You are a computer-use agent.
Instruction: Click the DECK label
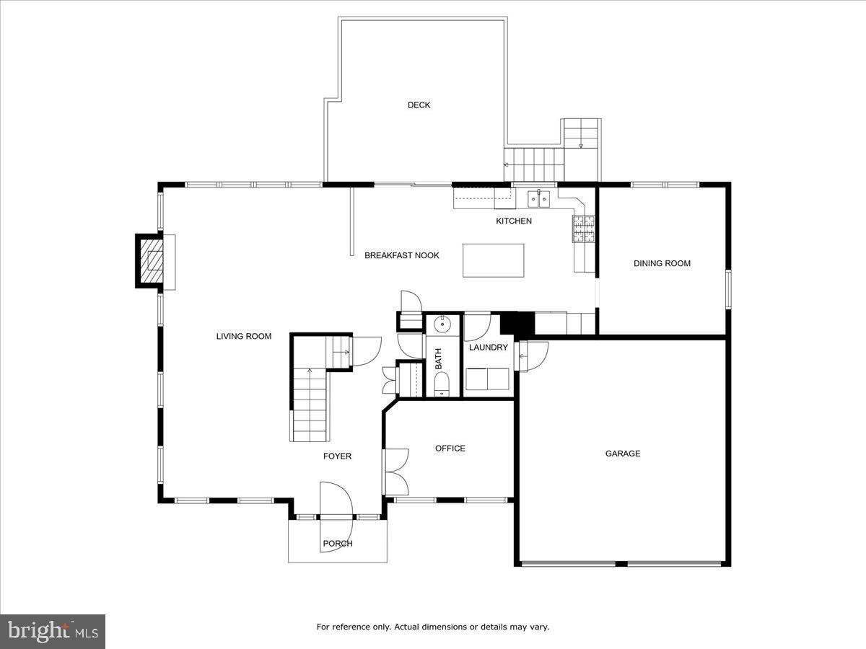[419, 105]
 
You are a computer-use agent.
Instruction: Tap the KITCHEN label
[513, 221]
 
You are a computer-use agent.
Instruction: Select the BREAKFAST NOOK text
[401, 255]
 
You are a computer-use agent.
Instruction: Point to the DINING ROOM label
[662, 263]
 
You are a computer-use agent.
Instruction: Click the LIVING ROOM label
[244, 336]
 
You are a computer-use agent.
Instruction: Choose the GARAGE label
[622, 454]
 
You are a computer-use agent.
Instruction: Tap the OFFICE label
[450, 449]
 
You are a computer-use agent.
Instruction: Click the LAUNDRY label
[489, 348]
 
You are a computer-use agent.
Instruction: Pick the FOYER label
[337, 456]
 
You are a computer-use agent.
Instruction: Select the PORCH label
[337, 544]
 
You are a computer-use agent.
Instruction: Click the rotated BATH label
[438, 358]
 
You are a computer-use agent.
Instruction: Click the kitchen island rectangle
[494, 260]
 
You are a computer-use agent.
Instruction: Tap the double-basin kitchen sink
[538, 197]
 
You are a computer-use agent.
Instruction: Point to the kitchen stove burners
[583, 228]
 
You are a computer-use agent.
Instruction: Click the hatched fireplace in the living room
[152, 261]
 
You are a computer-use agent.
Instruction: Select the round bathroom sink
[442, 325]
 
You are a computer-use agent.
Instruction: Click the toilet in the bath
[442, 384]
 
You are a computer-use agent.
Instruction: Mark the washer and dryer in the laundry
[487, 379]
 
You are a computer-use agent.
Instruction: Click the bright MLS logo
[53, 632]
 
